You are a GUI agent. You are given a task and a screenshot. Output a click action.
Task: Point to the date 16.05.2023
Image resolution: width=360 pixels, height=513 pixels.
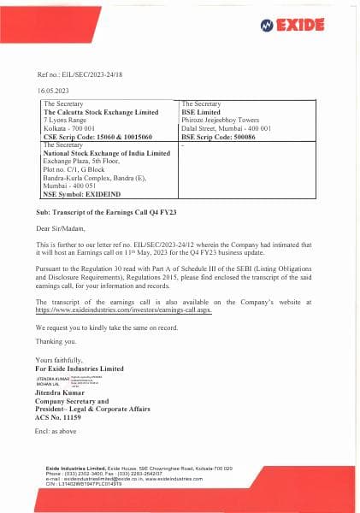[x=52, y=90]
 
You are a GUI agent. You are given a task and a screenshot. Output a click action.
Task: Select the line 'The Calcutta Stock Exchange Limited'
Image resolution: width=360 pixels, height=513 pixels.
[x=101, y=112]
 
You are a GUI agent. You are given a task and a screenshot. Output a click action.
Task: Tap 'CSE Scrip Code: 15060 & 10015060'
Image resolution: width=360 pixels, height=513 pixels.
[x=97, y=136]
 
